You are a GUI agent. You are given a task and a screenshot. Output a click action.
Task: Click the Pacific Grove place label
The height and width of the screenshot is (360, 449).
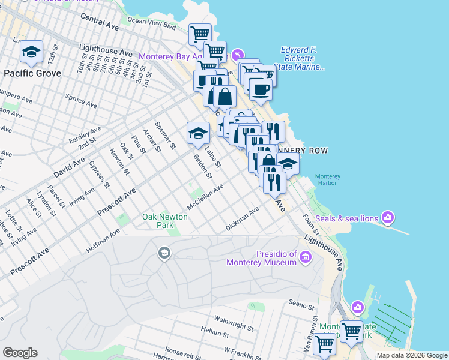pos(32,73)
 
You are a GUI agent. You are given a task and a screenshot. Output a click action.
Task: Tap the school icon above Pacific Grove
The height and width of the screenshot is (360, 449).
pos(31,53)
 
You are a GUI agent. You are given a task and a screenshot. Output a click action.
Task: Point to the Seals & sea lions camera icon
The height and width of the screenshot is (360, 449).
pos(388,217)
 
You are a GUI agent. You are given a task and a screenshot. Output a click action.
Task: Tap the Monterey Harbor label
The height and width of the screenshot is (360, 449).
pos(328,181)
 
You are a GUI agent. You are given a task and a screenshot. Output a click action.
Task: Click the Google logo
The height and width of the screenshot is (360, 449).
pos(20,353)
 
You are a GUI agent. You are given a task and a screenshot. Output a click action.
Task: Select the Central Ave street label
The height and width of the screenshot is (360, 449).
pos(100,23)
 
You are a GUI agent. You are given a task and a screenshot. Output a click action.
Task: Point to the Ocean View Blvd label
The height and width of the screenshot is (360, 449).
pos(151,23)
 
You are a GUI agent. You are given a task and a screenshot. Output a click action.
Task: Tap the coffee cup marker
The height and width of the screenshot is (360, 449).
pos(260,90)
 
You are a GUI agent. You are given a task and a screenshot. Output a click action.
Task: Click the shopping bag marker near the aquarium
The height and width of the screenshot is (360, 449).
pos(224,96)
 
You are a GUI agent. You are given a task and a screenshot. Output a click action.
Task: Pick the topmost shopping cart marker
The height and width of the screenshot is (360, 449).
pos(200,34)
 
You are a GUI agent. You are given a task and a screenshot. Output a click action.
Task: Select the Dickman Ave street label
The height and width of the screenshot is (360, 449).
pos(242,219)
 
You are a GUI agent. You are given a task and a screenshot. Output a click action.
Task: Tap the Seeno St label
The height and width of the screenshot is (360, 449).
pos(301,304)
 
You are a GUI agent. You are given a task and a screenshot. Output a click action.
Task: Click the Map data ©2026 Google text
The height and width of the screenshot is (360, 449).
pos(411,355)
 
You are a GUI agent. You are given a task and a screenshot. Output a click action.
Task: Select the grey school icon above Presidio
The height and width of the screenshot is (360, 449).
pos(164,253)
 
